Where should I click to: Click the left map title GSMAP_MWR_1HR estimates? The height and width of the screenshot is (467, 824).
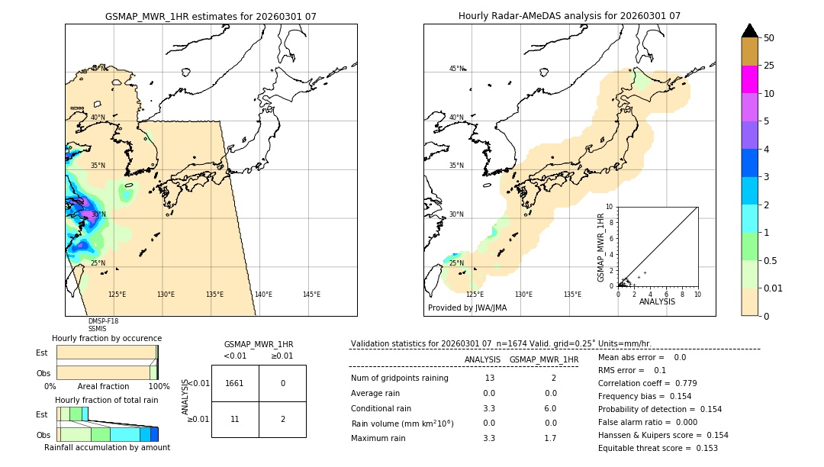(x=211, y=16)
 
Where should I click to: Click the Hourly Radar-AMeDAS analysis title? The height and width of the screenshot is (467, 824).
(x=569, y=16)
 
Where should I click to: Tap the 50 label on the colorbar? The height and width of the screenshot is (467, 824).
(x=769, y=38)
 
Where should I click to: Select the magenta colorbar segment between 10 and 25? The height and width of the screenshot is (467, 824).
(x=749, y=79)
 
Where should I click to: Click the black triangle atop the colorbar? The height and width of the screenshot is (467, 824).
(x=749, y=31)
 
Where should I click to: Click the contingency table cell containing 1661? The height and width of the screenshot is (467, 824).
(x=235, y=383)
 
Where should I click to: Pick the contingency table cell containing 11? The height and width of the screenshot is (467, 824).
(x=235, y=419)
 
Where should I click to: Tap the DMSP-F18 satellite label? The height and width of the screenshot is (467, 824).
(x=103, y=321)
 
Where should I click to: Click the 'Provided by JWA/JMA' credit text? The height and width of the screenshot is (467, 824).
(x=467, y=308)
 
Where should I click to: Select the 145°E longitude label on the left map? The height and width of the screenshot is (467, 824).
(x=311, y=295)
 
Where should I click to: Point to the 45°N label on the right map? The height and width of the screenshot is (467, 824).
(x=456, y=69)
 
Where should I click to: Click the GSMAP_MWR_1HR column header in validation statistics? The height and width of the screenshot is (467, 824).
(x=543, y=359)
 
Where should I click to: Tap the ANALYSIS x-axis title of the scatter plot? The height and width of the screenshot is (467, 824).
(x=657, y=301)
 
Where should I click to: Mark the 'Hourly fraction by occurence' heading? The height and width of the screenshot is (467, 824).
(x=107, y=338)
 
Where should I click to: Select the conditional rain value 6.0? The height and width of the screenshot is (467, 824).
(x=550, y=408)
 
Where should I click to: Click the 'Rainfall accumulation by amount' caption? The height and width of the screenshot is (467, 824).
(x=107, y=447)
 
